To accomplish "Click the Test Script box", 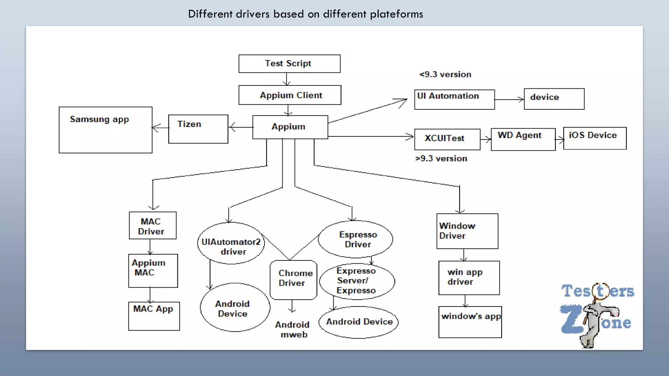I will point(289,64).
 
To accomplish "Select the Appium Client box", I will point(290,95).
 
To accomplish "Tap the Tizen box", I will point(198,129).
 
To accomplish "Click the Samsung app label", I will point(99,119).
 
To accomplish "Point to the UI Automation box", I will point(454,99).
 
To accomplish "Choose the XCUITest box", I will point(447,139).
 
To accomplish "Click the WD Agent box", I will point(523,139).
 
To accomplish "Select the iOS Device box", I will point(595,138).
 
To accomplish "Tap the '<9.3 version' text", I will point(445,74).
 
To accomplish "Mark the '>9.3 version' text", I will point(441,159).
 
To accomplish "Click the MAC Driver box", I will point(153,226).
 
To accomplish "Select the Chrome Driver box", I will point(293,280).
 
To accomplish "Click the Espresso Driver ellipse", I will point(355,239).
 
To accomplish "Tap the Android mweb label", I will point(293,329).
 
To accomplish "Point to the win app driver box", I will point(469,278).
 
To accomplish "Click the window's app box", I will point(470,322).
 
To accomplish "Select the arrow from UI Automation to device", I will point(509,100).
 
